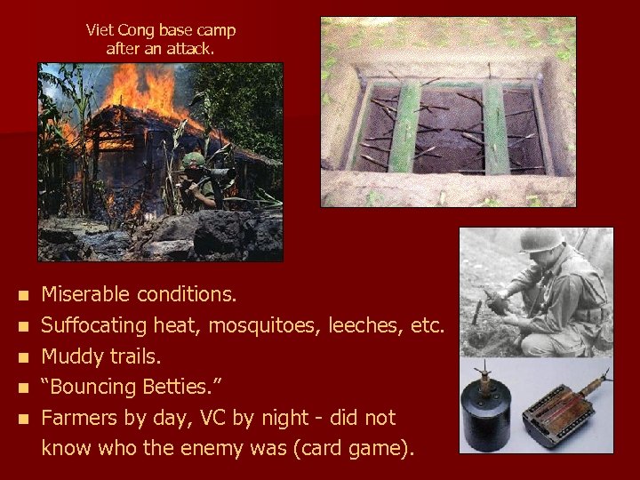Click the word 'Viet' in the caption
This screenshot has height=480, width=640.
pos(100,29)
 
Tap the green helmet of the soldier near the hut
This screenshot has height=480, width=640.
pos(192,160)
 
